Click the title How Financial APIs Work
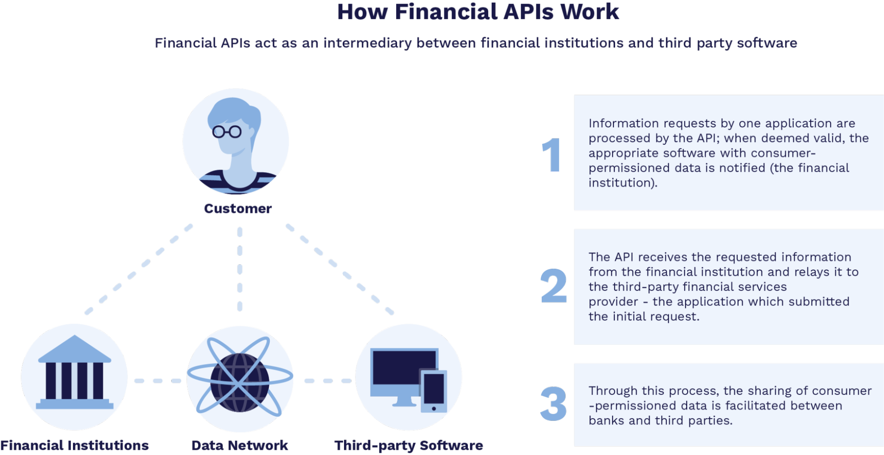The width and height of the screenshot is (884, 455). point(478,12)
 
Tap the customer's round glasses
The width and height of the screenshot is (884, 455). point(227,131)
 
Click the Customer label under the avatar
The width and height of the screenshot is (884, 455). point(237,208)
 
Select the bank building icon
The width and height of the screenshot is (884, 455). point(74,373)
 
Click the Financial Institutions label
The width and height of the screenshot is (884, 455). point(74,445)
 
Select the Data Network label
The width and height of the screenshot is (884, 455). point(240,445)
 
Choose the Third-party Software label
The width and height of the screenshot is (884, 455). point(409,445)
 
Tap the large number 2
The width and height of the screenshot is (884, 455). point(553,286)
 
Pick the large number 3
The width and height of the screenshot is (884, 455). point(553,404)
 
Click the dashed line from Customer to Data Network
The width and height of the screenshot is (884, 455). point(240,269)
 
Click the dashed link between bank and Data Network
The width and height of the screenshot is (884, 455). point(157,381)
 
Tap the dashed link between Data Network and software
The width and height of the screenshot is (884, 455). point(327,381)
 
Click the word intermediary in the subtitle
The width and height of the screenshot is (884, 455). point(367,43)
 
